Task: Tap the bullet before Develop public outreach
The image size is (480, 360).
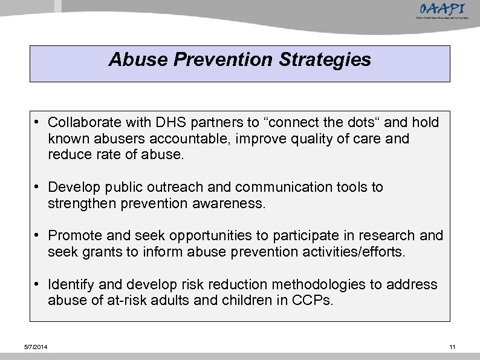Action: (x=38, y=188)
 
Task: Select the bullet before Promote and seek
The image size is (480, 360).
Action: (x=38, y=235)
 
